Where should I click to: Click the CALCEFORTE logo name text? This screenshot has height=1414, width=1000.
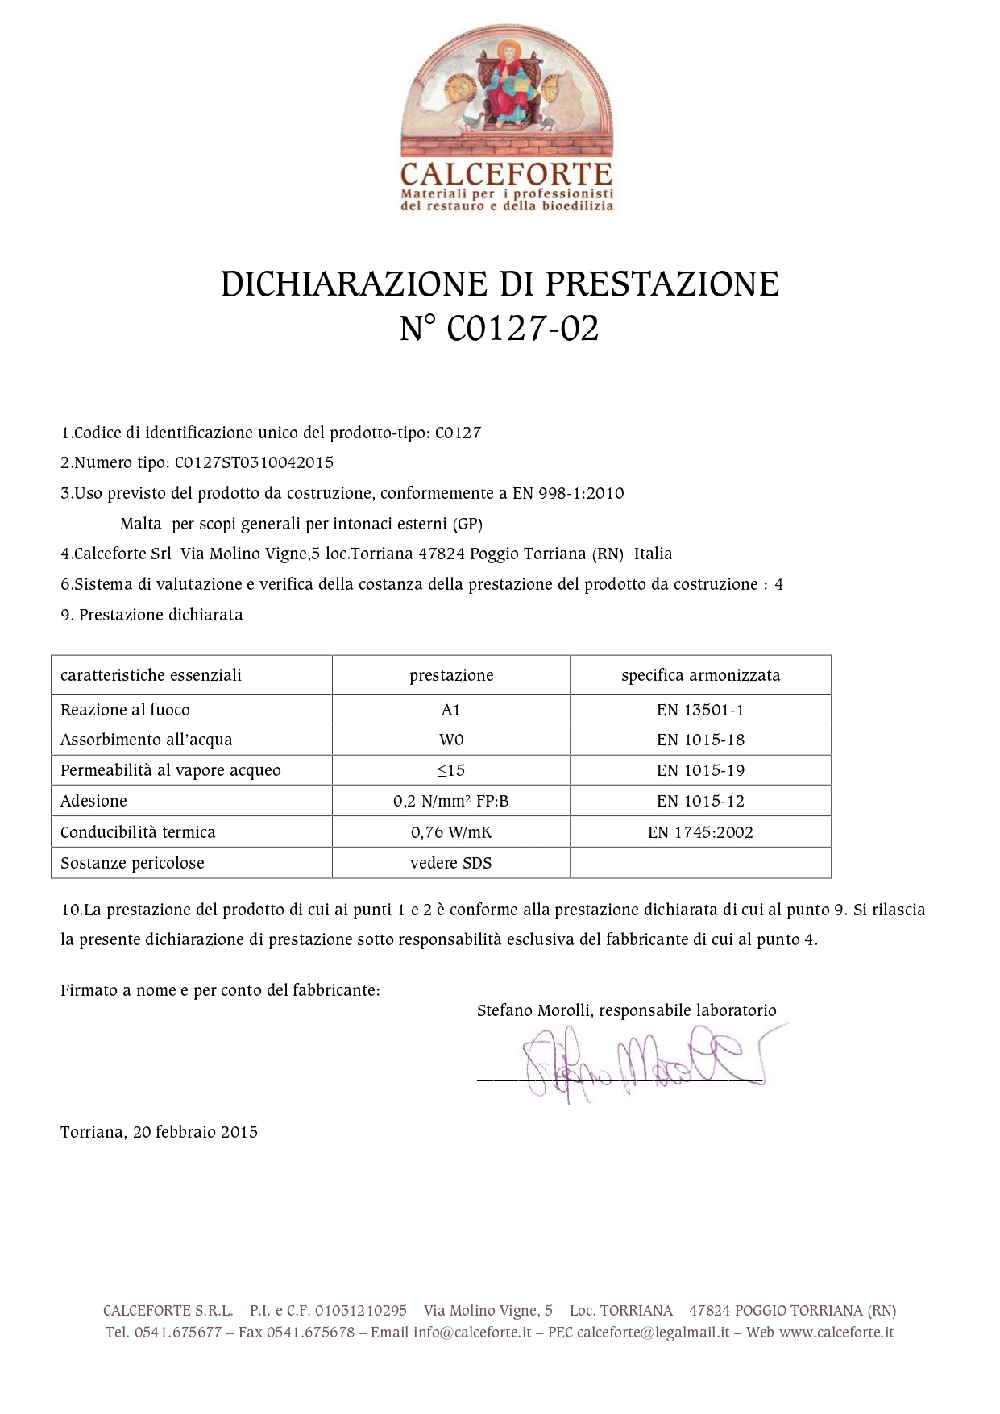click(506, 174)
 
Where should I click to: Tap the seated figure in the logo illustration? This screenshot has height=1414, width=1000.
click(508, 85)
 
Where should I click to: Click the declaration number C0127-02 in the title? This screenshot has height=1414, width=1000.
click(523, 329)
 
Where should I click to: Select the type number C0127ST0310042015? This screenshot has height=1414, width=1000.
click(254, 463)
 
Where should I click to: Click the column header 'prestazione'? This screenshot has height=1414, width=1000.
click(451, 675)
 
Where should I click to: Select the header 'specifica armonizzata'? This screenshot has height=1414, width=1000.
click(700, 675)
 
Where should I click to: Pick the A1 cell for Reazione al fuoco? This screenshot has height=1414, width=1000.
click(451, 710)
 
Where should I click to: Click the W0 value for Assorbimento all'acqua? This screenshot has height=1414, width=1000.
click(451, 740)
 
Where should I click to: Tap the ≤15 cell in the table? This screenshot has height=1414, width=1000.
click(451, 770)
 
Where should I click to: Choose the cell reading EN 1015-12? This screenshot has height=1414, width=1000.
click(700, 801)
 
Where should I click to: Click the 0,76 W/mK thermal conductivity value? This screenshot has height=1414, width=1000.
click(451, 832)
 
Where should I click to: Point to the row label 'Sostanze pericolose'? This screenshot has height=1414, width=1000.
click(132, 863)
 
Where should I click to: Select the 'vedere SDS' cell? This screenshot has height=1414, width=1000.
click(451, 863)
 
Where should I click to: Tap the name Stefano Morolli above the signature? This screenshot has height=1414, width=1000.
click(534, 1010)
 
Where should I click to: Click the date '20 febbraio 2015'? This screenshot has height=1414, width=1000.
click(196, 1132)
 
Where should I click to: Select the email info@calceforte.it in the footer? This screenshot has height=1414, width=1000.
click(472, 1332)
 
